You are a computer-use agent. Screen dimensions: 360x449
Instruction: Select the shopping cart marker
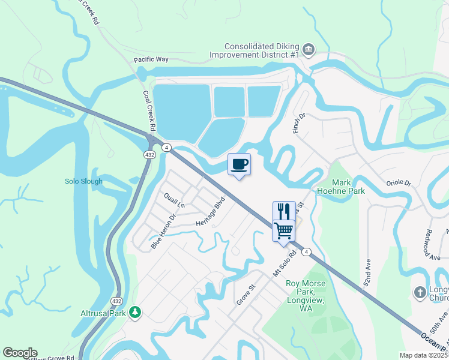click(x=284, y=230)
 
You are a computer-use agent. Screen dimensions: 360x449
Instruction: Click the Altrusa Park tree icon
click(x=136, y=312)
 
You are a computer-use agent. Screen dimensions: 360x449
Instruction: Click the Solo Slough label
click(x=83, y=181)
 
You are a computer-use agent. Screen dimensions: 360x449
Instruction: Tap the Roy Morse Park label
click(x=306, y=292)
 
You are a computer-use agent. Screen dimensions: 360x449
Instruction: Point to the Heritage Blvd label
click(x=210, y=211)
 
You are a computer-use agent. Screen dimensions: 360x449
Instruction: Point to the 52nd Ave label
click(x=369, y=271)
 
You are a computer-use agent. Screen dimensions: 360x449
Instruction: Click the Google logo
click(x=20, y=353)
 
